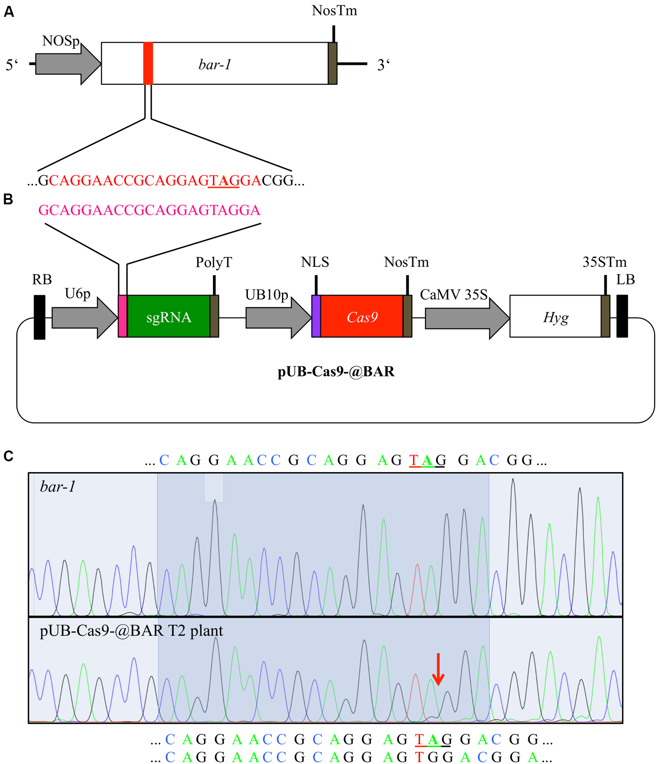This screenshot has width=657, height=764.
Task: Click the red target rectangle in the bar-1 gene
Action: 148,63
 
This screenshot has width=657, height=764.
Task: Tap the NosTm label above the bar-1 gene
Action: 334,10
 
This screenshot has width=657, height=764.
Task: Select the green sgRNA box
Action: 169,317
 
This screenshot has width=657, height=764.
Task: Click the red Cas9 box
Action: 362,317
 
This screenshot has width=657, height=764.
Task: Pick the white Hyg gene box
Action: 556,317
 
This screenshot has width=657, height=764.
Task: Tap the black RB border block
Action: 39,317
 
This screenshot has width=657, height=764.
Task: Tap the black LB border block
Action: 622,316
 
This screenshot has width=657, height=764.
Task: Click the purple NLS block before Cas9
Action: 316,316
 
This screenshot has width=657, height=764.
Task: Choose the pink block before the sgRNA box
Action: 122,316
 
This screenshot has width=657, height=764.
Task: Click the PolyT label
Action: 214,262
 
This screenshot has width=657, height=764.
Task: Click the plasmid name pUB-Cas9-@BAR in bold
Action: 336,372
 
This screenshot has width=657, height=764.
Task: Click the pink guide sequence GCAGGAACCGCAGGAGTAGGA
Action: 149,210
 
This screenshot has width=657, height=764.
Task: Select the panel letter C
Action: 9,456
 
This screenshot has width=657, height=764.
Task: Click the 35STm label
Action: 604,262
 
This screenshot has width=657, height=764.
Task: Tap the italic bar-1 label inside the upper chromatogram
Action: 58,487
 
